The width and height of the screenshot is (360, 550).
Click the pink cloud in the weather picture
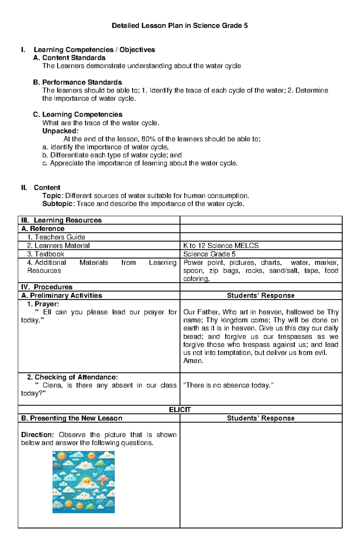(x=103, y=478)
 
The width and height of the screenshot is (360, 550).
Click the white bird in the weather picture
(x=95, y=474)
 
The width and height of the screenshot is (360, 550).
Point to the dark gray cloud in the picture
(x=57, y=466)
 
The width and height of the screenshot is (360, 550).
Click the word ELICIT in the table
(x=180, y=410)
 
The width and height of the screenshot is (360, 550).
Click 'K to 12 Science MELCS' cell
(x=221, y=245)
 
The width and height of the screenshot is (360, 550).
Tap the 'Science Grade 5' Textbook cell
(x=209, y=254)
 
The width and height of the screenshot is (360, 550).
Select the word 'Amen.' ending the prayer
(x=193, y=361)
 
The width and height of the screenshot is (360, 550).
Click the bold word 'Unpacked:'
(x=60, y=131)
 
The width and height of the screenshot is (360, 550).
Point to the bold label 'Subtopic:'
(x=59, y=204)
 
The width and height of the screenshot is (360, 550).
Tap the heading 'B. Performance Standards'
(x=77, y=82)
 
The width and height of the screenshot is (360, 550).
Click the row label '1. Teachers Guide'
(x=56, y=237)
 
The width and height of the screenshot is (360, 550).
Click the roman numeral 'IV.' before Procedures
(x=25, y=287)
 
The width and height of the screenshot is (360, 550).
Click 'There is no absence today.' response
(x=228, y=385)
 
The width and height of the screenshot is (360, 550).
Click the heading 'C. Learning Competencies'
(x=78, y=114)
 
